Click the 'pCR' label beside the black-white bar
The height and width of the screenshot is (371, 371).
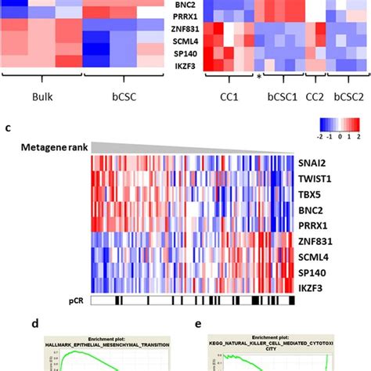(78, 299)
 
